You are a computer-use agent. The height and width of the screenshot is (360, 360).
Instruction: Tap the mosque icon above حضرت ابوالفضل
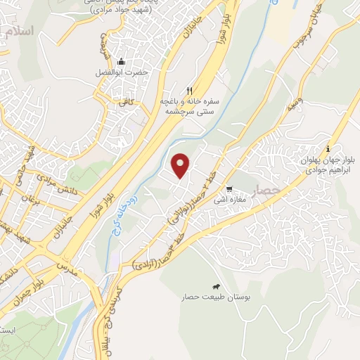[x=121, y=62]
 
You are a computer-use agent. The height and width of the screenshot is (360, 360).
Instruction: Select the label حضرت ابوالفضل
[x=121, y=72]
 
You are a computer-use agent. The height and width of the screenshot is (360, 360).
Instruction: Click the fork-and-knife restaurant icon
[x=189, y=90]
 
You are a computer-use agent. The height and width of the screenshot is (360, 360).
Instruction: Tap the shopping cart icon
[x=229, y=189]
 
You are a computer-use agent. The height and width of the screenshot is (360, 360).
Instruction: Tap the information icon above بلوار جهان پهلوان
[x=328, y=148]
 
